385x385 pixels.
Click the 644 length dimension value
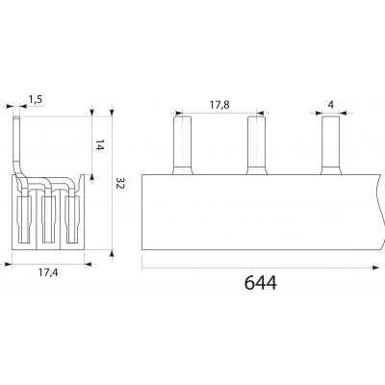click(261, 283)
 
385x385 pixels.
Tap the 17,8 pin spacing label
click(219, 105)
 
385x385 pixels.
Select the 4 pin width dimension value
click(331, 105)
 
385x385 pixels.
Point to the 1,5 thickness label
click(36, 99)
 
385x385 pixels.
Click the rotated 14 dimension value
click(100, 145)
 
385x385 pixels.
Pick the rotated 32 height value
click(119, 183)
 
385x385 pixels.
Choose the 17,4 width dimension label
click(48, 272)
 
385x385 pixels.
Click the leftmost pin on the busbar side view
click(183, 145)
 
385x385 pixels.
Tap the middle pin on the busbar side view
click(257, 145)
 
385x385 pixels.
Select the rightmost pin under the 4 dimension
click(331, 145)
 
